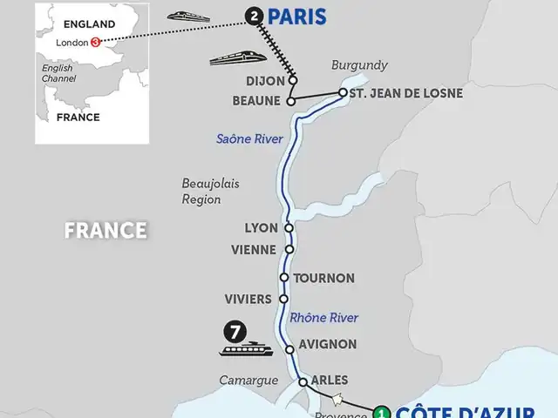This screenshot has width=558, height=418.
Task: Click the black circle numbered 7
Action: tap(233, 331)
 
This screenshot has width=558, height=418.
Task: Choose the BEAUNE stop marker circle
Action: tap(291, 100)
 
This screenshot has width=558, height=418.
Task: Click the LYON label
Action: tap(262, 228)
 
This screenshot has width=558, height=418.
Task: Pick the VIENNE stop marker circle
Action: tap(289, 249)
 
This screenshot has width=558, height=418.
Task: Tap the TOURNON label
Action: tap(323, 278)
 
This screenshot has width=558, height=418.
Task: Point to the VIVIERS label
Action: tap(248, 298)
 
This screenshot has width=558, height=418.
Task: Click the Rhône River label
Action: tap(323, 317)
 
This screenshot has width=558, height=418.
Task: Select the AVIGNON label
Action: tap(327, 344)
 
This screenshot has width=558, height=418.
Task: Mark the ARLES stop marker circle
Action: tap(303, 381)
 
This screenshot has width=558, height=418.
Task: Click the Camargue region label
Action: tap(249, 381)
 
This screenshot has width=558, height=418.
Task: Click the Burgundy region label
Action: tap(358, 65)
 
